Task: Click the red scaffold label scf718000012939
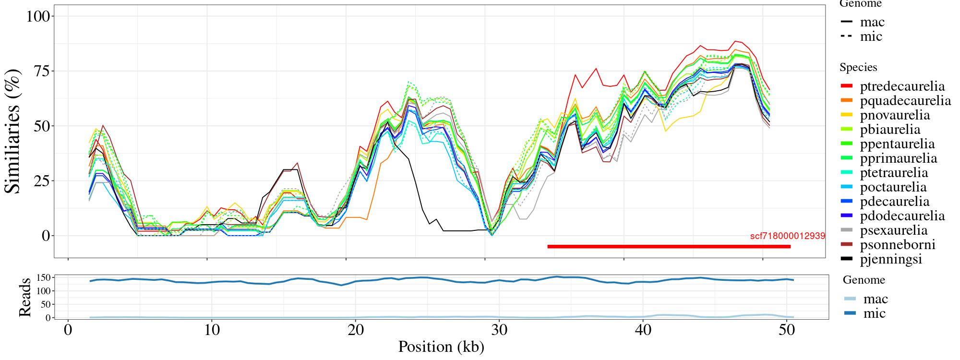(x=787, y=236)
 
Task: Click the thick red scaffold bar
(x=669, y=247)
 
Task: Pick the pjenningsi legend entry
(x=891, y=259)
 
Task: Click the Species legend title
(x=858, y=68)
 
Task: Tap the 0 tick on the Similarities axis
(x=46, y=236)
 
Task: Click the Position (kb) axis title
(x=441, y=347)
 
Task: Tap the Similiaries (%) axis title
(x=13, y=132)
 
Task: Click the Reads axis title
(x=25, y=297)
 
